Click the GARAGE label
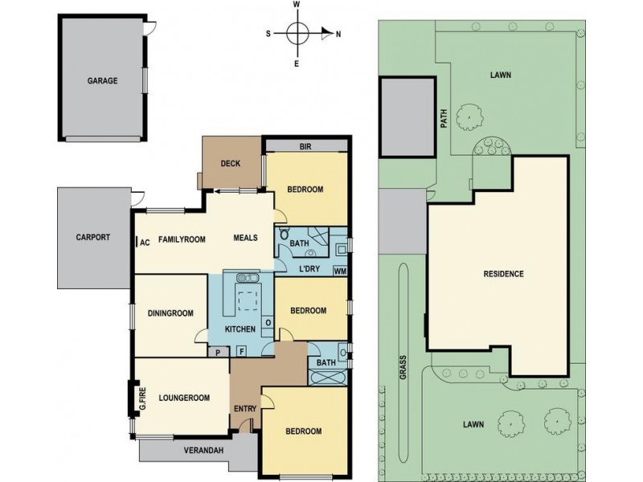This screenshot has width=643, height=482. click(x=102, y=81)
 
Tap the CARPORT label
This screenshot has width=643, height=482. click(x=93, y=237)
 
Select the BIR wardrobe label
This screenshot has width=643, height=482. click(x=305, y=146)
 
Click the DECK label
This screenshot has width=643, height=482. click(x=231, y=164)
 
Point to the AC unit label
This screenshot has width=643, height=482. click(x=145, y=243)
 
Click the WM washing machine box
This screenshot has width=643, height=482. click(x=339, y=271)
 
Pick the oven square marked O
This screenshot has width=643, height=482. click(x=268, y=323)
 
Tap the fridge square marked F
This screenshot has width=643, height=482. click(x=242, y=351)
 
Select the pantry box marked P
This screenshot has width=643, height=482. click(x=218, y=352)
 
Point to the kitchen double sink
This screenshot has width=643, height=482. click(x=248, y=277)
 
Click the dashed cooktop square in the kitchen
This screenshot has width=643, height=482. click(x=248, y=300)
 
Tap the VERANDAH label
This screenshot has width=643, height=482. click(x=203, y=451)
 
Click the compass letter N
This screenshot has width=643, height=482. click(x=338, y=35)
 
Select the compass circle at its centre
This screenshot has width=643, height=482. click(x=297, y=33)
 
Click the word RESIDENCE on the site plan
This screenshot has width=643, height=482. click(x=504, y=274)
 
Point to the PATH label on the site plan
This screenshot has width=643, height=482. click(x=444, y=118)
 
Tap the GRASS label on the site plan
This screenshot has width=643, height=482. click(x=403, y=367)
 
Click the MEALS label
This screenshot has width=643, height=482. click(x=246, y=238)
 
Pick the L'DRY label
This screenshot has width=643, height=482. click(x=309, y=269)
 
